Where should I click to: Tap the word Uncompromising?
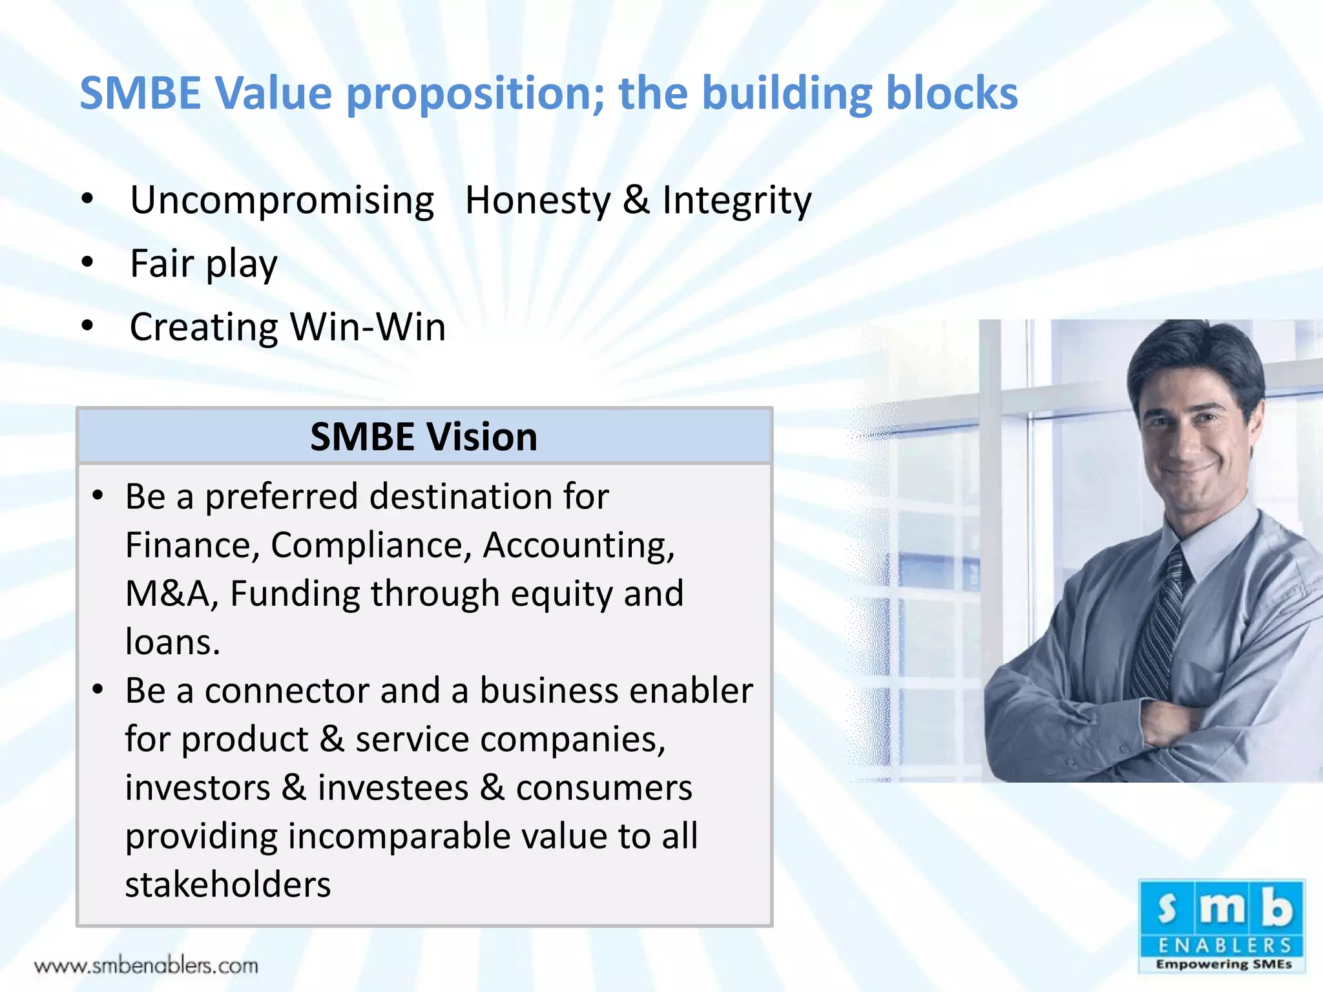[x=282, y=201]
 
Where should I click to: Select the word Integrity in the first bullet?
[x=736, y=201]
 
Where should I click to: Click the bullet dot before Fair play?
[x=88, y=262]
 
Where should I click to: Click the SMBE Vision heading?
[x=424, y=437]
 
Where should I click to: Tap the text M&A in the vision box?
[x=167, y=594]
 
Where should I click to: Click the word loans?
[x=172, y=642]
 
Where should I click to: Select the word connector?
[x=287, y=690]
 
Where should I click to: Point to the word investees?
[x=393, y=788]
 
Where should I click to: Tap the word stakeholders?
[x=227, y=885]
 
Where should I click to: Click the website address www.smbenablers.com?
[x=146, y=966]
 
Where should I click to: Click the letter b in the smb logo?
[x=1277, y=907]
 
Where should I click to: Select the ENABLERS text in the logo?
[x=1223, y=945]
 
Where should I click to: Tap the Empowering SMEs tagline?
[x=1223, y=964]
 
